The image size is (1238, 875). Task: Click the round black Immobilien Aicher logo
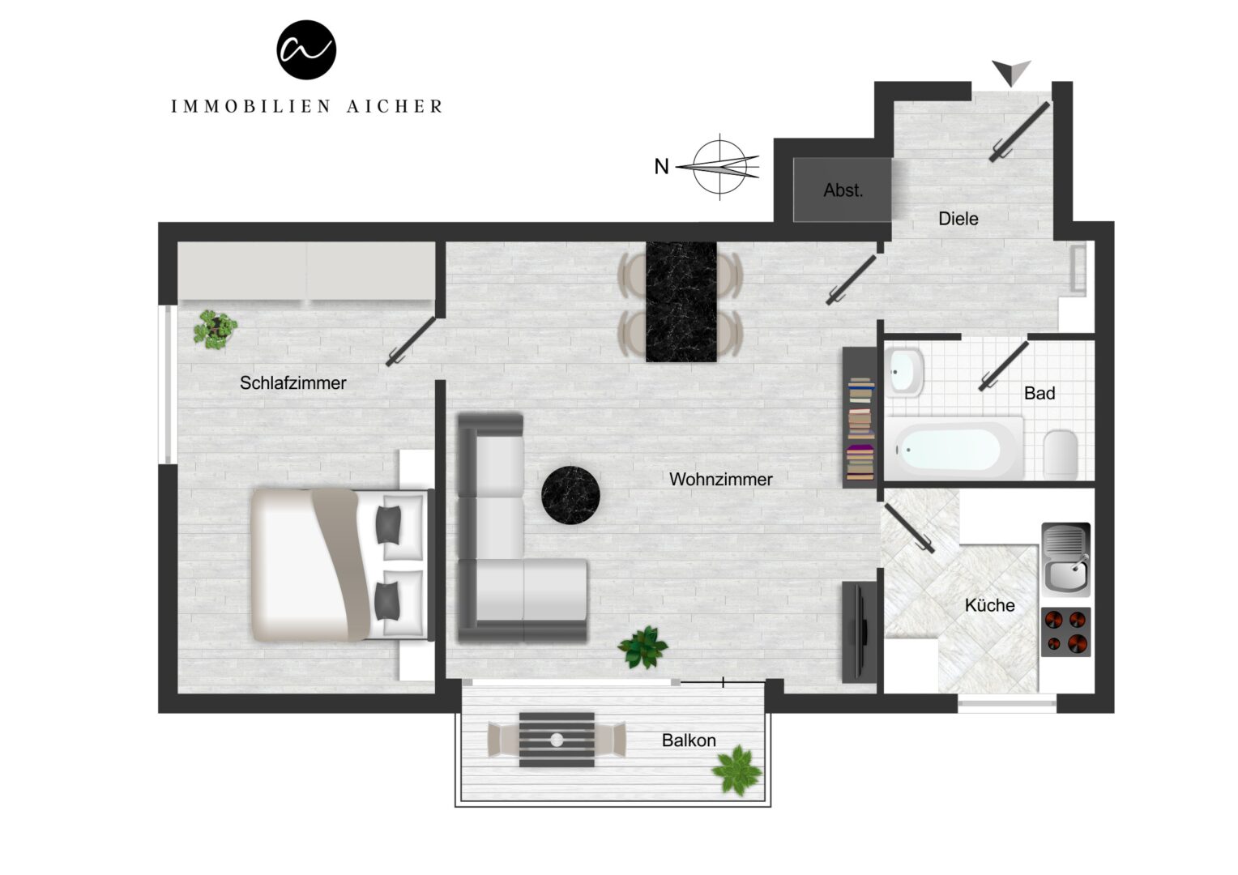tap(306, 49)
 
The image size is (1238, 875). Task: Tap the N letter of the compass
tap(661, 166)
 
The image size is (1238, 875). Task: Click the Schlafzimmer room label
tap(293, 382)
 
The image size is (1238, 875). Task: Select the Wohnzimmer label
tap(721, 479)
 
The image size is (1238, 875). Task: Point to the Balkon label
tap(689, 741)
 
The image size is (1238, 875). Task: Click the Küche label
tap(990, 605)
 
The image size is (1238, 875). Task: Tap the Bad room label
tap(1039, 393)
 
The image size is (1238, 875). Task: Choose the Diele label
tap(958, 218)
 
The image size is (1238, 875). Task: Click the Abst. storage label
tap(843, 190)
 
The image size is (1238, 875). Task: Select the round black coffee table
tap(570, 495)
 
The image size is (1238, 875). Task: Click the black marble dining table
tap(681, 302)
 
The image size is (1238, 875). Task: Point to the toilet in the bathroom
tap(1060, 455)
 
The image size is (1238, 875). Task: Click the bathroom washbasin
tap(904, 371)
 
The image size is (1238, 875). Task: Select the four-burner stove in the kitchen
tap(1066, 632)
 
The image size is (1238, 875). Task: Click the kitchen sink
tap(1066, 559)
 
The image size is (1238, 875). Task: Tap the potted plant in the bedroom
tap(215, 330)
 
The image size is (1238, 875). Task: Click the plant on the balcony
tap(737, 770)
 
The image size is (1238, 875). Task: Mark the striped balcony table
tap(557, 740)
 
